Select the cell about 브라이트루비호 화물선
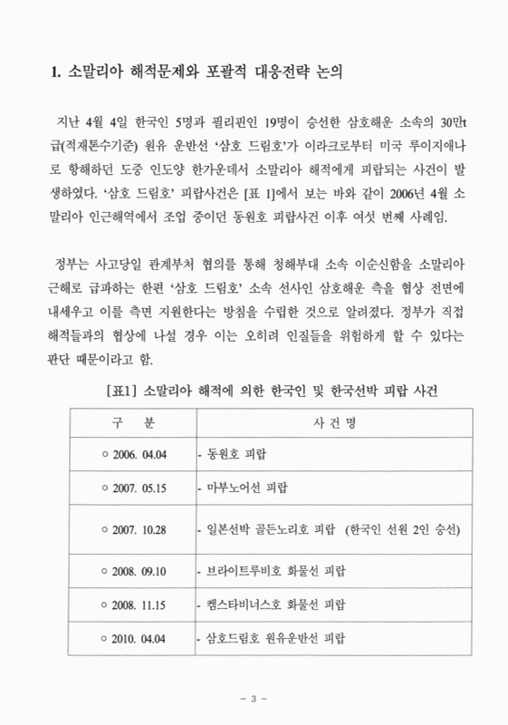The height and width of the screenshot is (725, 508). point(272,574)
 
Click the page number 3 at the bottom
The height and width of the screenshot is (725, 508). point(254,699)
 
